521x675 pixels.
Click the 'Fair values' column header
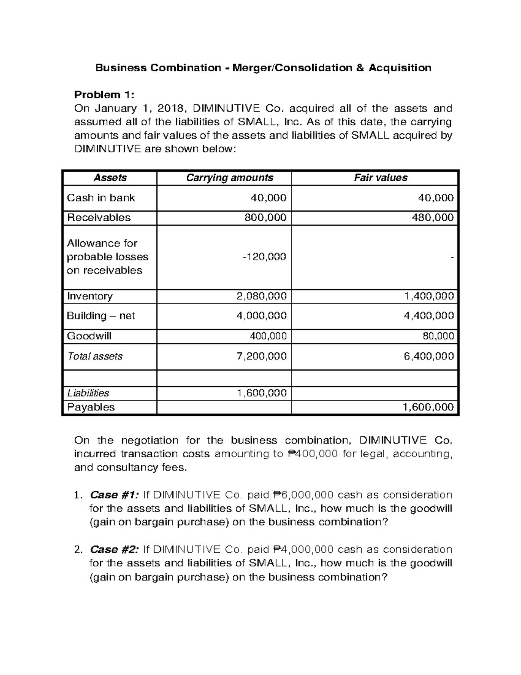click(380, 178)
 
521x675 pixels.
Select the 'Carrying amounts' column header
click(230, 178)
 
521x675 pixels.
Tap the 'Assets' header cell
click(110, 178)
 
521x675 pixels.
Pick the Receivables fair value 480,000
click(432, 217)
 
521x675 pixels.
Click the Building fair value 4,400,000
click(429, 316)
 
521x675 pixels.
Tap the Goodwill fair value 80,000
click(438, 336)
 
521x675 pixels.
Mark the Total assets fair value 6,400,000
click(429, 356)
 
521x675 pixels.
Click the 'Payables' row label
click(91, 407)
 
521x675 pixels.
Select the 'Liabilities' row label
click(88, 393)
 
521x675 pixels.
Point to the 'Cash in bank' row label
click(101, 198)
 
